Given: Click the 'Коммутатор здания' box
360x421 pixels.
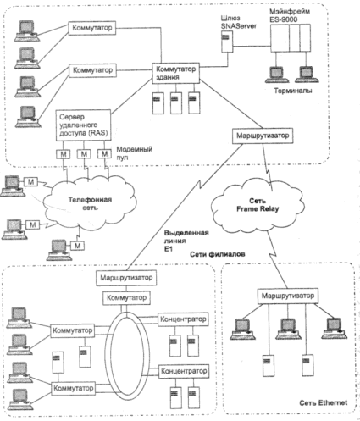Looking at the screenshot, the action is pos(175,73).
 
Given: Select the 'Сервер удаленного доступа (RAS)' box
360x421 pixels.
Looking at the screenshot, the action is pos(83,125).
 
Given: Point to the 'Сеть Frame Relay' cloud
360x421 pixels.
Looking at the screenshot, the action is pos(258,205).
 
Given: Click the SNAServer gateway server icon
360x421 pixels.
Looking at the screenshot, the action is pos(227,42).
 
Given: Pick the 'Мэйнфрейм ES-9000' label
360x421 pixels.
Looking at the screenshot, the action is pos(285,15).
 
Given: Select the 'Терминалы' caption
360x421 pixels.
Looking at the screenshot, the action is pos(293,91).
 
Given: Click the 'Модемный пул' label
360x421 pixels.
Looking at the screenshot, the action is pos(135,152).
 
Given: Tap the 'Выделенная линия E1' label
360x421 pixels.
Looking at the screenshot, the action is pos(186,241).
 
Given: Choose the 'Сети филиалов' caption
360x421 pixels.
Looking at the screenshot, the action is pos(218,254).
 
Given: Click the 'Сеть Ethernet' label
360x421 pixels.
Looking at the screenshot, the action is pos(324,402).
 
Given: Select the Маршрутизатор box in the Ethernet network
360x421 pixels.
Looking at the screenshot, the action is pos(288,296).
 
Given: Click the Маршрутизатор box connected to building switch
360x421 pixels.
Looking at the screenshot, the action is pos(263,136).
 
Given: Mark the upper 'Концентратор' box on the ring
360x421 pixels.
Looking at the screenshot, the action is pos(183,319).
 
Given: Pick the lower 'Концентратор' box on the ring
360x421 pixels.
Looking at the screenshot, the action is pos(184,371).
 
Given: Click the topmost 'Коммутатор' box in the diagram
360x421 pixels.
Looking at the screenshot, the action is pos(92,28).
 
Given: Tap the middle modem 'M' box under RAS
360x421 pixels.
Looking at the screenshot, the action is pos(84,154).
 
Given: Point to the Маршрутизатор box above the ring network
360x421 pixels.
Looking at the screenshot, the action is pos(126,278).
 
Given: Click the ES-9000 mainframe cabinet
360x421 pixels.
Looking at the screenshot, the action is pos(291,38).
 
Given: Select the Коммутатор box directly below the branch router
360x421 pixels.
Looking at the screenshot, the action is pos(126,298).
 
